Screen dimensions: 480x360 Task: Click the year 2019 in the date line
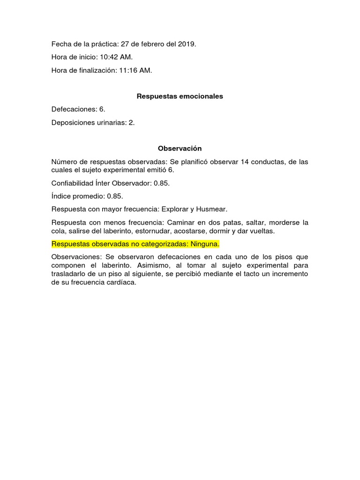[187, 44]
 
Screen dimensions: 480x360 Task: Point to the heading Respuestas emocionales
[180, 96]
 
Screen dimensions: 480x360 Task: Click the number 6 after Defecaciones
[101, 109]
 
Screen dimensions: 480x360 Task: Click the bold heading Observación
[180, 149]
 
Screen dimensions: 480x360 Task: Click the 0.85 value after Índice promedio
[115, 196]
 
